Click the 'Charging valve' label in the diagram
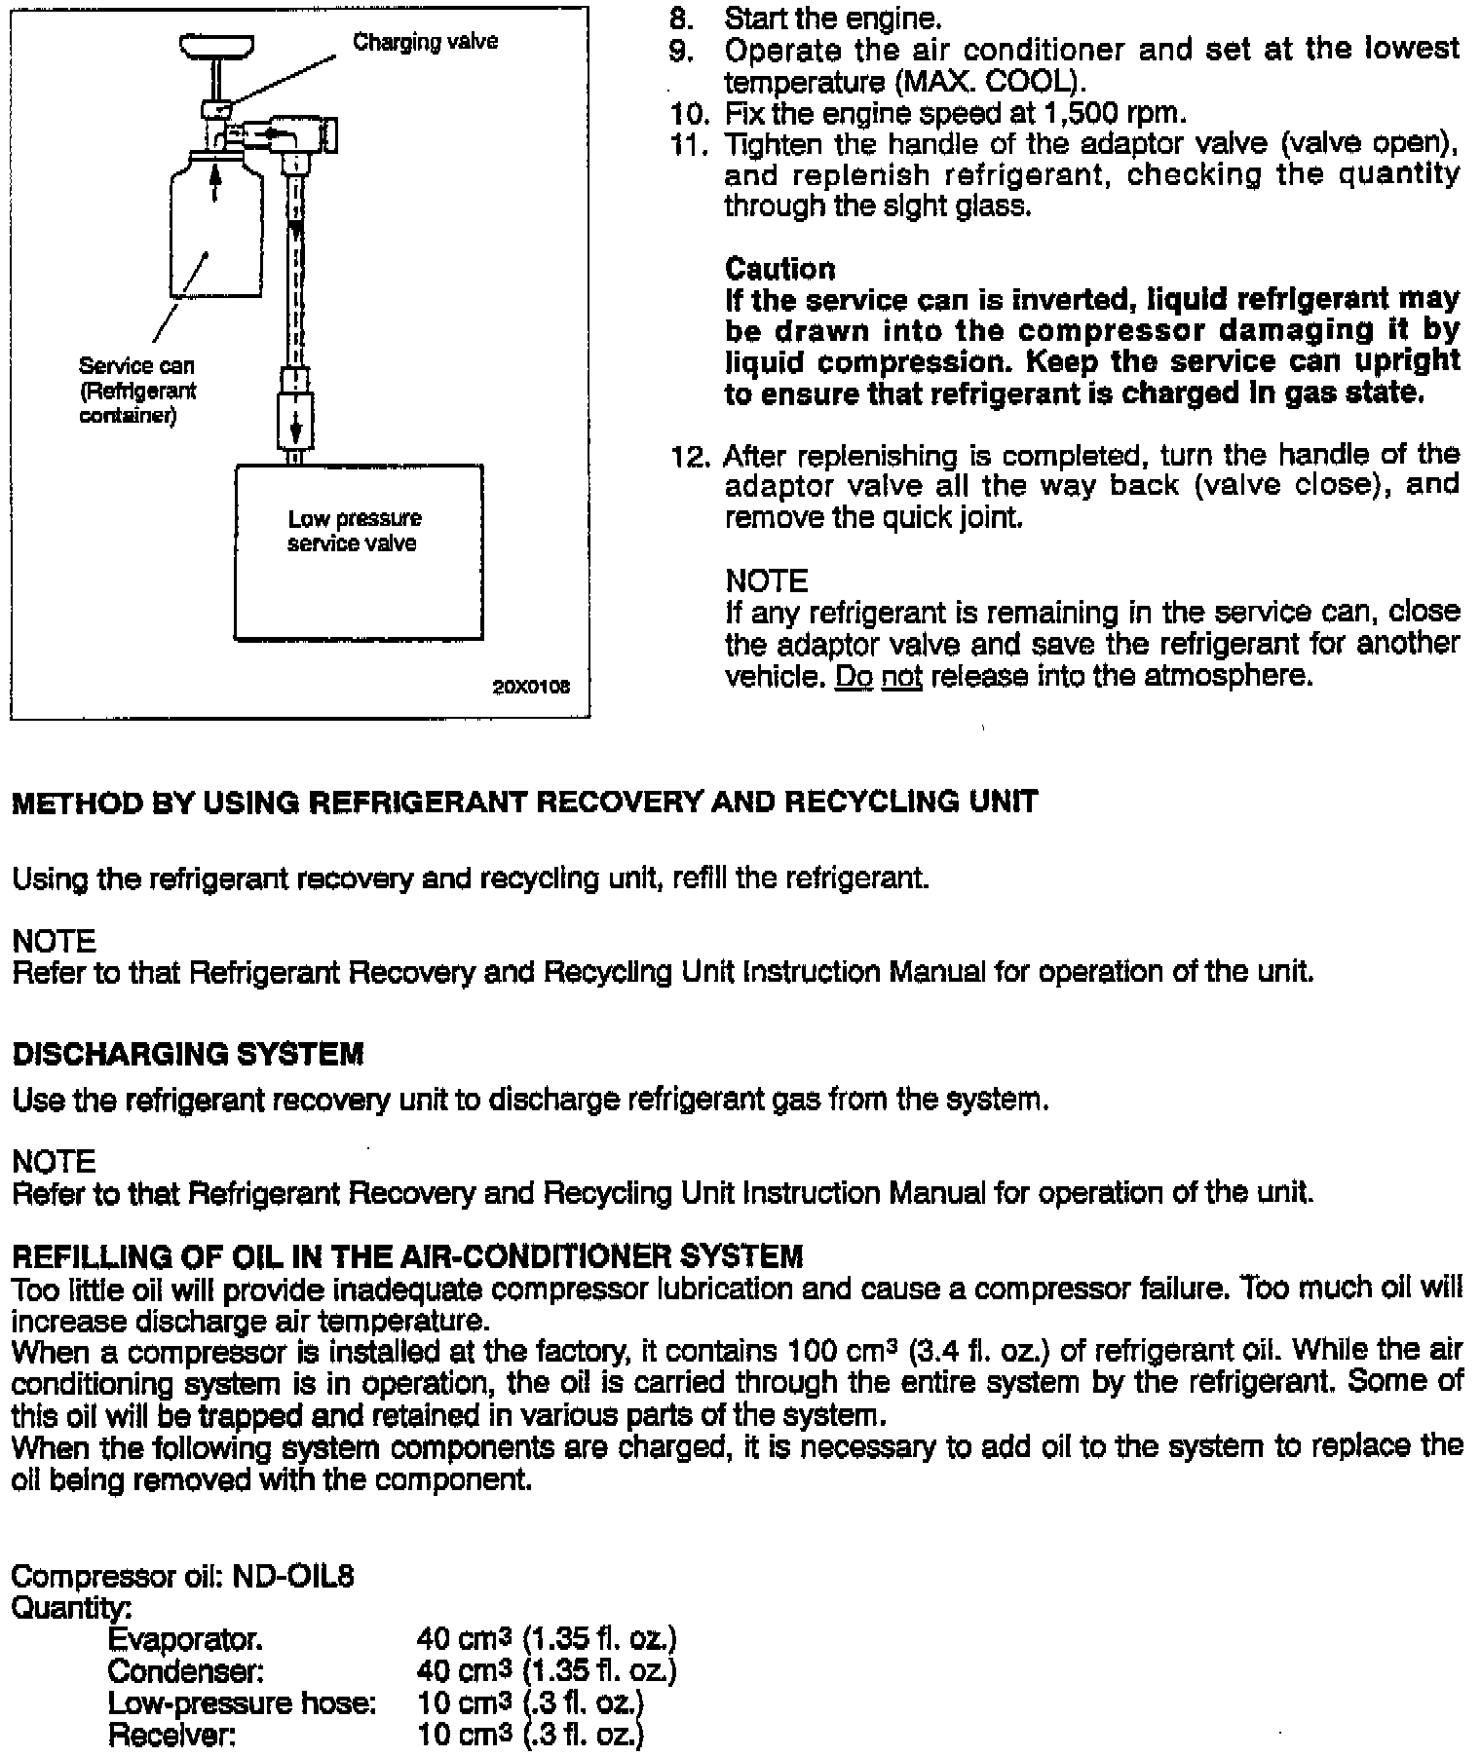[x=425, y=42]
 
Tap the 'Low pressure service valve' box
[x=358, y=551]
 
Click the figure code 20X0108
[x=531, y=687]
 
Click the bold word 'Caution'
[x=779, y=269]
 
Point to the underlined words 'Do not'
[x=878, y=676]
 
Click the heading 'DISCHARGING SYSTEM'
[x=187, y=1054]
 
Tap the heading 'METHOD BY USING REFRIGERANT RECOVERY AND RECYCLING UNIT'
[x=524, y=803]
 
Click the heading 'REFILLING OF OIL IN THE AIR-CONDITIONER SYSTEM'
[x=407, y=1256]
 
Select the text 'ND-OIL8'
[x=293, y=1576]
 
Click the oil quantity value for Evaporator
[x=546, y=1639]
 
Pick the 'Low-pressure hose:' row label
[x=241, y=1703]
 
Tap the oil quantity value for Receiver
[x=529, y=1736]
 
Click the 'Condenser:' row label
[x=185, y=1671]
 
